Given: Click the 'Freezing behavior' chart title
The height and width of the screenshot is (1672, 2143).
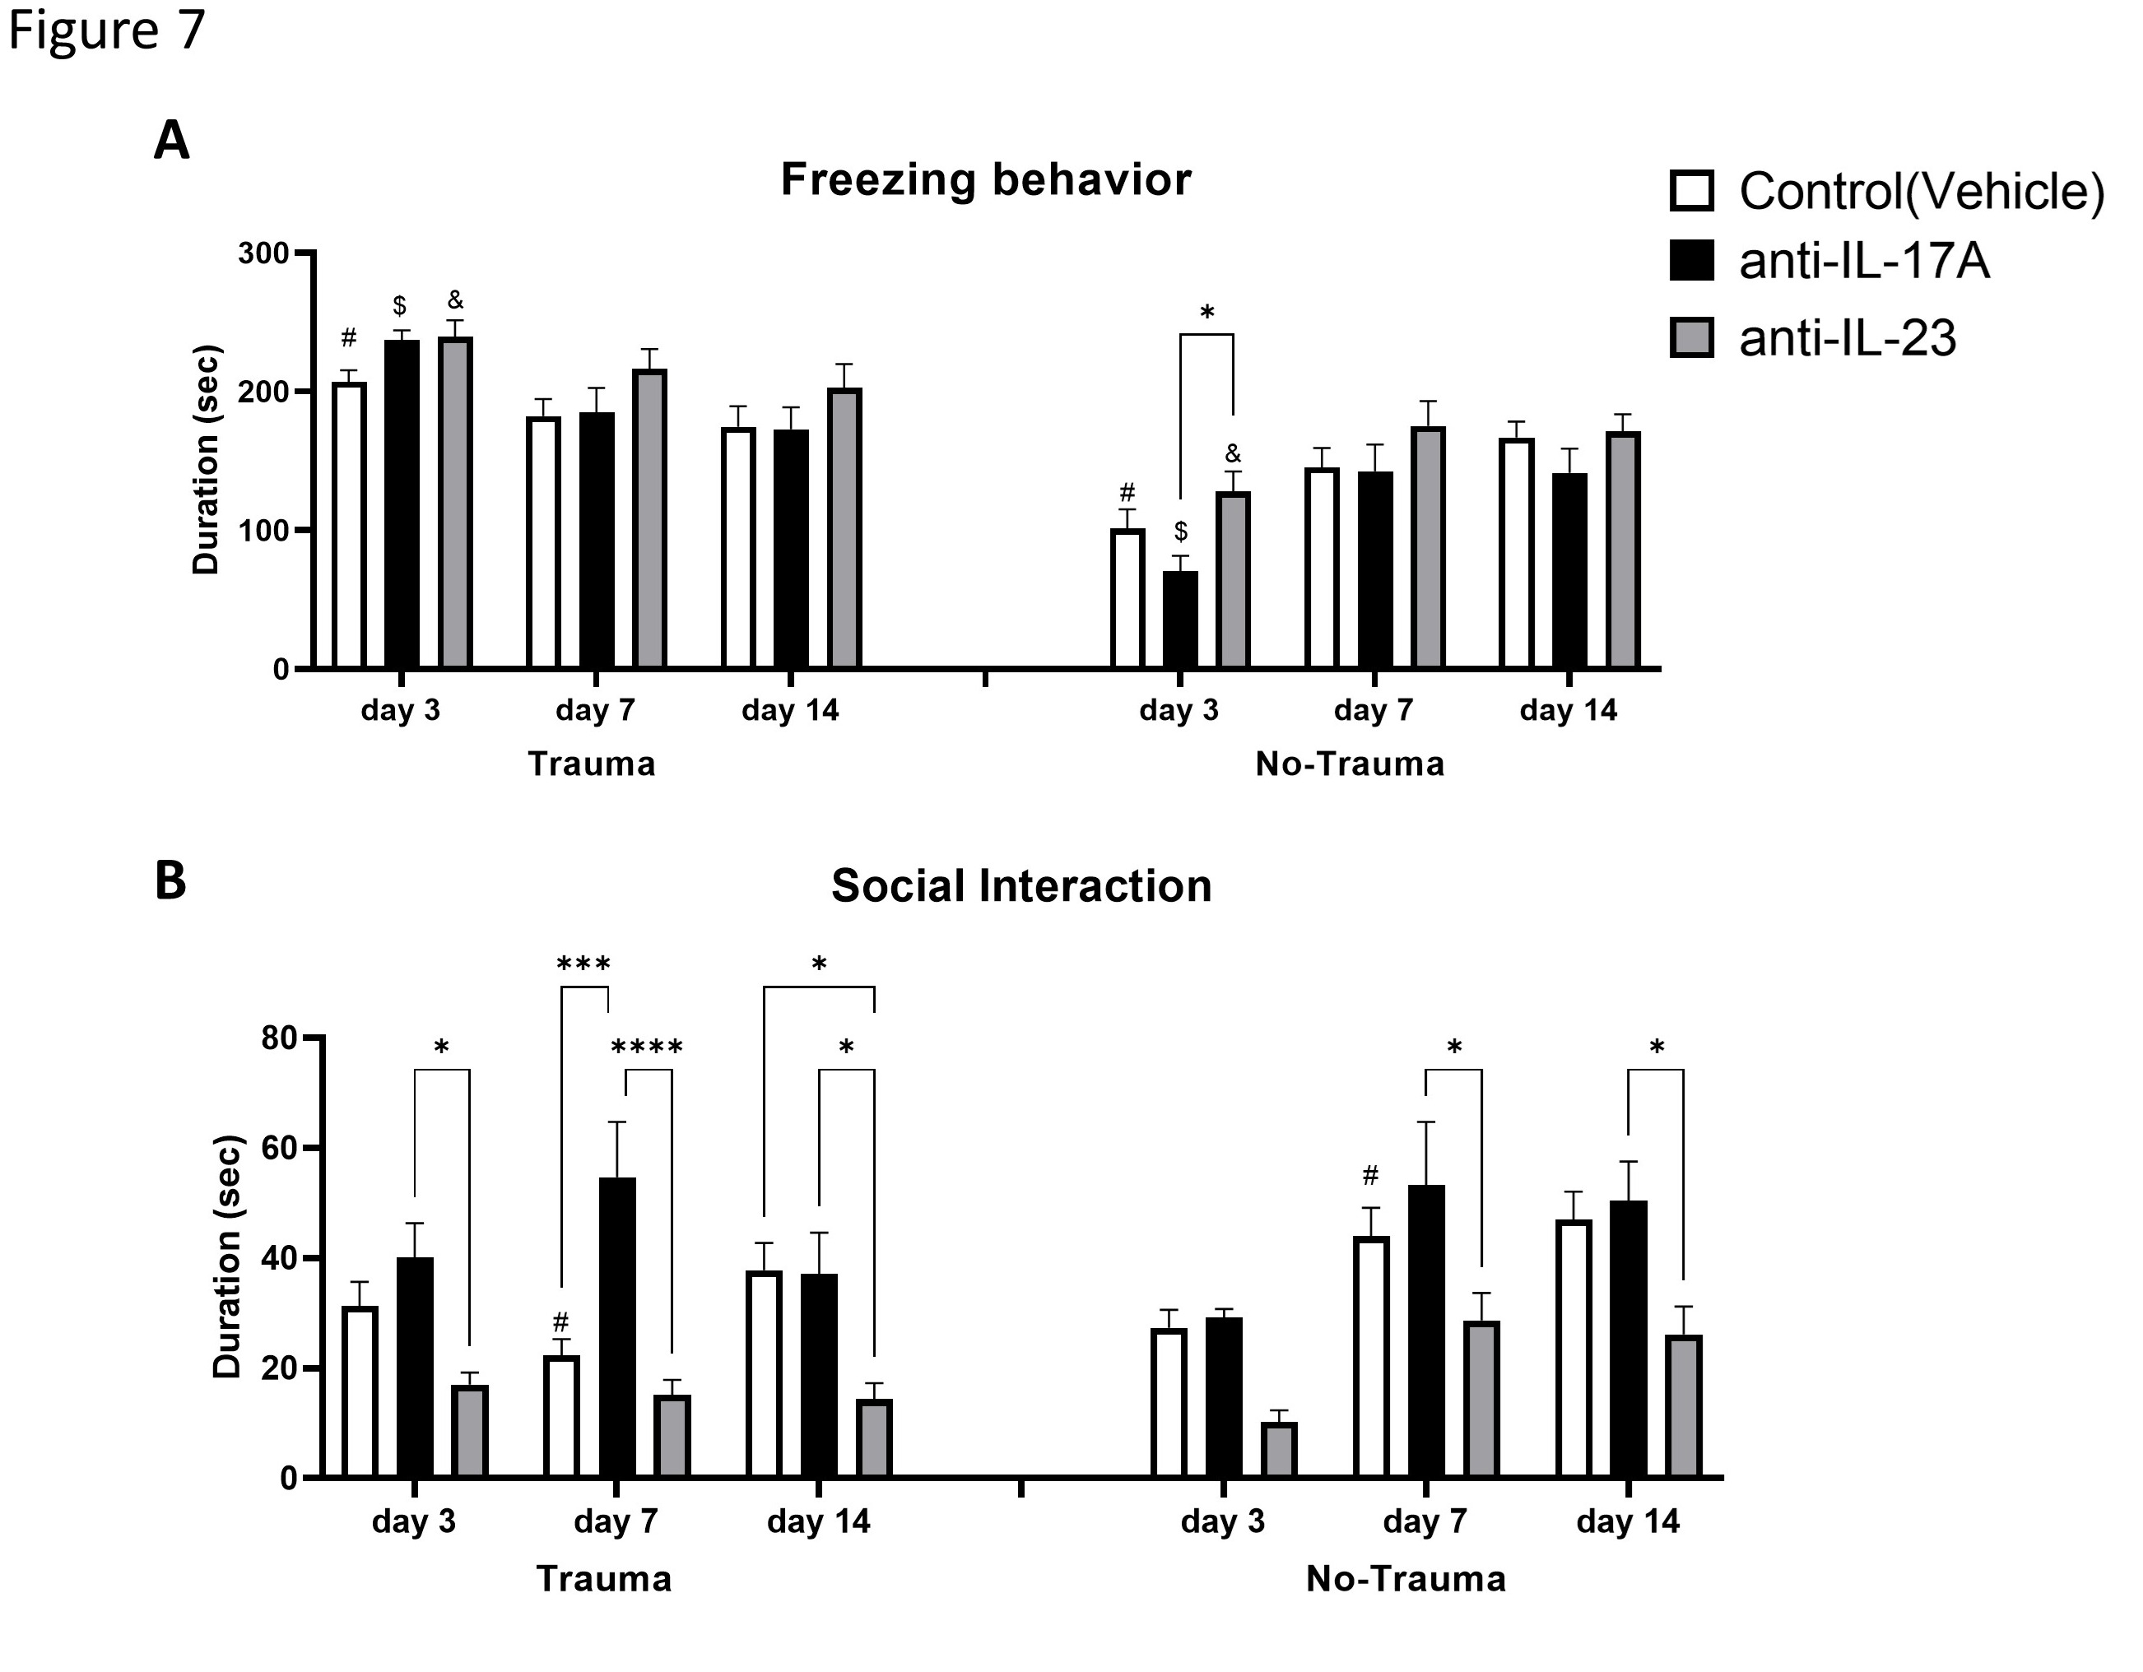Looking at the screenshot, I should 985,180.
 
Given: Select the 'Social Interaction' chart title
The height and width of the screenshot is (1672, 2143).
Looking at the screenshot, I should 1020,886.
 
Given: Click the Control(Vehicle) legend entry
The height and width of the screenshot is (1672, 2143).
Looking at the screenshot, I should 1889,192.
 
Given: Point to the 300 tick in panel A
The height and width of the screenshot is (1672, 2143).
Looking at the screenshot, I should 264,254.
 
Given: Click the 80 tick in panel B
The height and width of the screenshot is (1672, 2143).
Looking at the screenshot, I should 280,1038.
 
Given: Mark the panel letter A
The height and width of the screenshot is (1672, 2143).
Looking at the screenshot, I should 172,142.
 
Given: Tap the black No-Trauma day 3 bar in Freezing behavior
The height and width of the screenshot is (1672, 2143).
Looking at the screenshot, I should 1180,619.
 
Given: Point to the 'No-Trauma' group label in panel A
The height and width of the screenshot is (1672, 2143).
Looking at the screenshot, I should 1349,764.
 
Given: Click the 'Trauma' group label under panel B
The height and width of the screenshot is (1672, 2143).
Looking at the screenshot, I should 603,1579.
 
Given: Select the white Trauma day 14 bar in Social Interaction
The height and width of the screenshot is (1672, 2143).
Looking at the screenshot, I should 765,1373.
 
